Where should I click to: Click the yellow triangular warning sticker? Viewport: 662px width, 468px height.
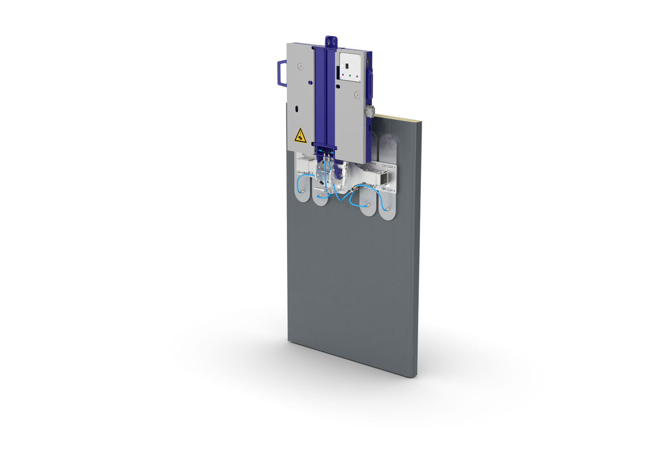click(x=300, y=135)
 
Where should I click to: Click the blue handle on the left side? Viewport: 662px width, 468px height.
click(x=279, y=73)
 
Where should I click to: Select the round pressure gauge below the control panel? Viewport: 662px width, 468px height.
click(x=357, y=95)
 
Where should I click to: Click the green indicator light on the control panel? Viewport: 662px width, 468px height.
click(x=350, y=75)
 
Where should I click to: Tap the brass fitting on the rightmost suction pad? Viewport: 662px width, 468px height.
click(x=385, y=210)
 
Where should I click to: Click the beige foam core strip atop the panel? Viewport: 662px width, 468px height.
click(x=397, y=119)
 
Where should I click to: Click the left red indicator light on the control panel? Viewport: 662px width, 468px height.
click(x=343, y=75)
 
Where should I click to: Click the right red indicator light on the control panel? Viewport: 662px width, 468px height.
click(x=357, y=77)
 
